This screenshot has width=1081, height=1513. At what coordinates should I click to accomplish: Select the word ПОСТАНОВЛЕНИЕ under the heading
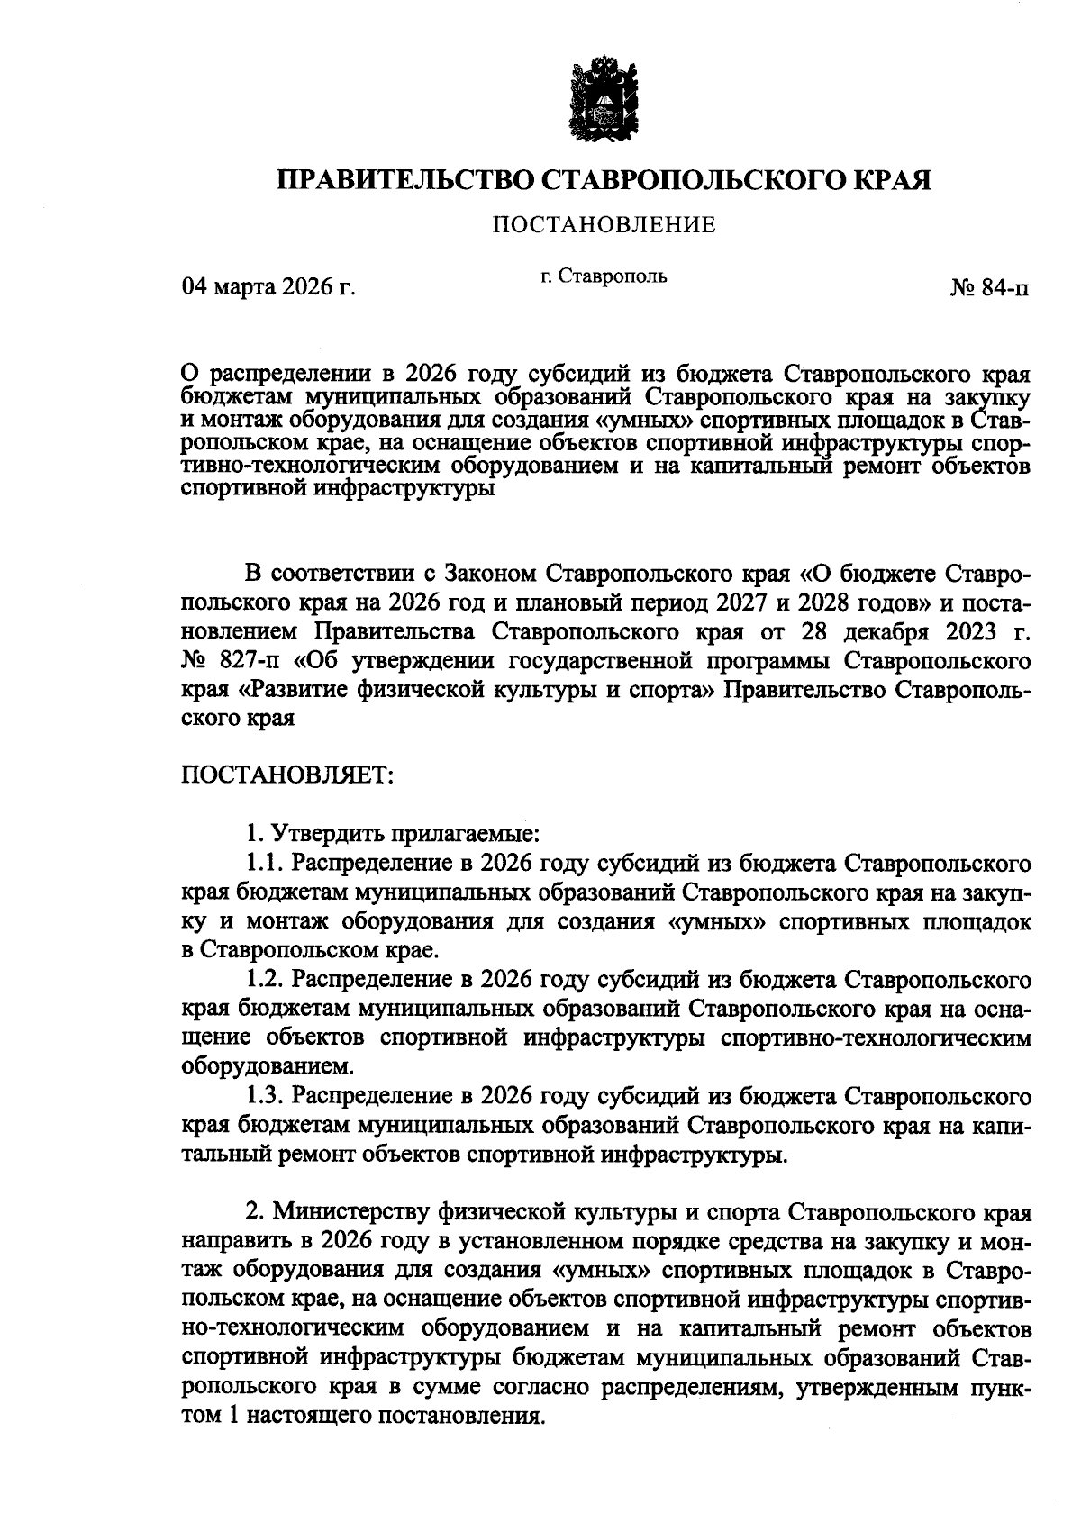[604, 225]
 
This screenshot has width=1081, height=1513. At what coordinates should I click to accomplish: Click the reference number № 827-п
[232, 662]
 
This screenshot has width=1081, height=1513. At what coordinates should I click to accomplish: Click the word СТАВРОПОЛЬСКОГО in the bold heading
[687, 180]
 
